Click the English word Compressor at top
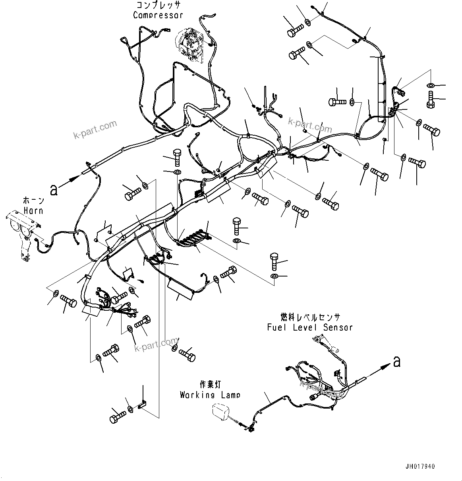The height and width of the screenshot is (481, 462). pyautogui.click(x=158, y=15)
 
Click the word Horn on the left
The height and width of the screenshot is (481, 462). pyautogui.click(x=33, y=210)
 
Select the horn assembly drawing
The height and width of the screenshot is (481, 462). pyautogui.click(x=23, y=233)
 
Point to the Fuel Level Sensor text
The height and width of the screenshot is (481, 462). pyautogui.click(x=310, y=327)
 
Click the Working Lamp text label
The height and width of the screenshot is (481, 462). pyautogui.click(x=210, y=395)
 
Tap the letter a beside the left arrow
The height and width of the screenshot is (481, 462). pyautogui.click(x=54, y=190)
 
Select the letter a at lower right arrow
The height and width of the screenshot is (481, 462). pyautogui.click(x=396, y=362)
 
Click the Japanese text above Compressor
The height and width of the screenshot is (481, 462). pyautogui.click(x=158, y=5)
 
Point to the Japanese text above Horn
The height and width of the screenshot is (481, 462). pyautogui.click(x=34, y=201)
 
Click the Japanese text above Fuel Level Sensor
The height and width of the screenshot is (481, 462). pyautogui.click(x=310, y=317)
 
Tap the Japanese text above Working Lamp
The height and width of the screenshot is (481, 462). pyautogui.click(x=210, y=384)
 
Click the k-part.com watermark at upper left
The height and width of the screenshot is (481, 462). pyautogui.click(x=95, y=130)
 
